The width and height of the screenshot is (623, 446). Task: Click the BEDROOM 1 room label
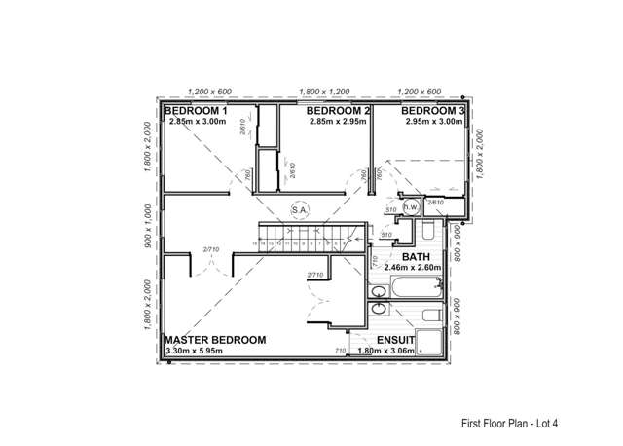(x=196, y=111)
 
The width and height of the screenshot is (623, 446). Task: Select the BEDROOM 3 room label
(x=427, y=111)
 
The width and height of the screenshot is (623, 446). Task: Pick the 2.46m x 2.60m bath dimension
(x=414, y=266)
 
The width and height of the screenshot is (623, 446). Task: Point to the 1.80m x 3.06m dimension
(x=387, y=350)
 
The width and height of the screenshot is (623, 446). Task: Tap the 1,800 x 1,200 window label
(x=325, y=91)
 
